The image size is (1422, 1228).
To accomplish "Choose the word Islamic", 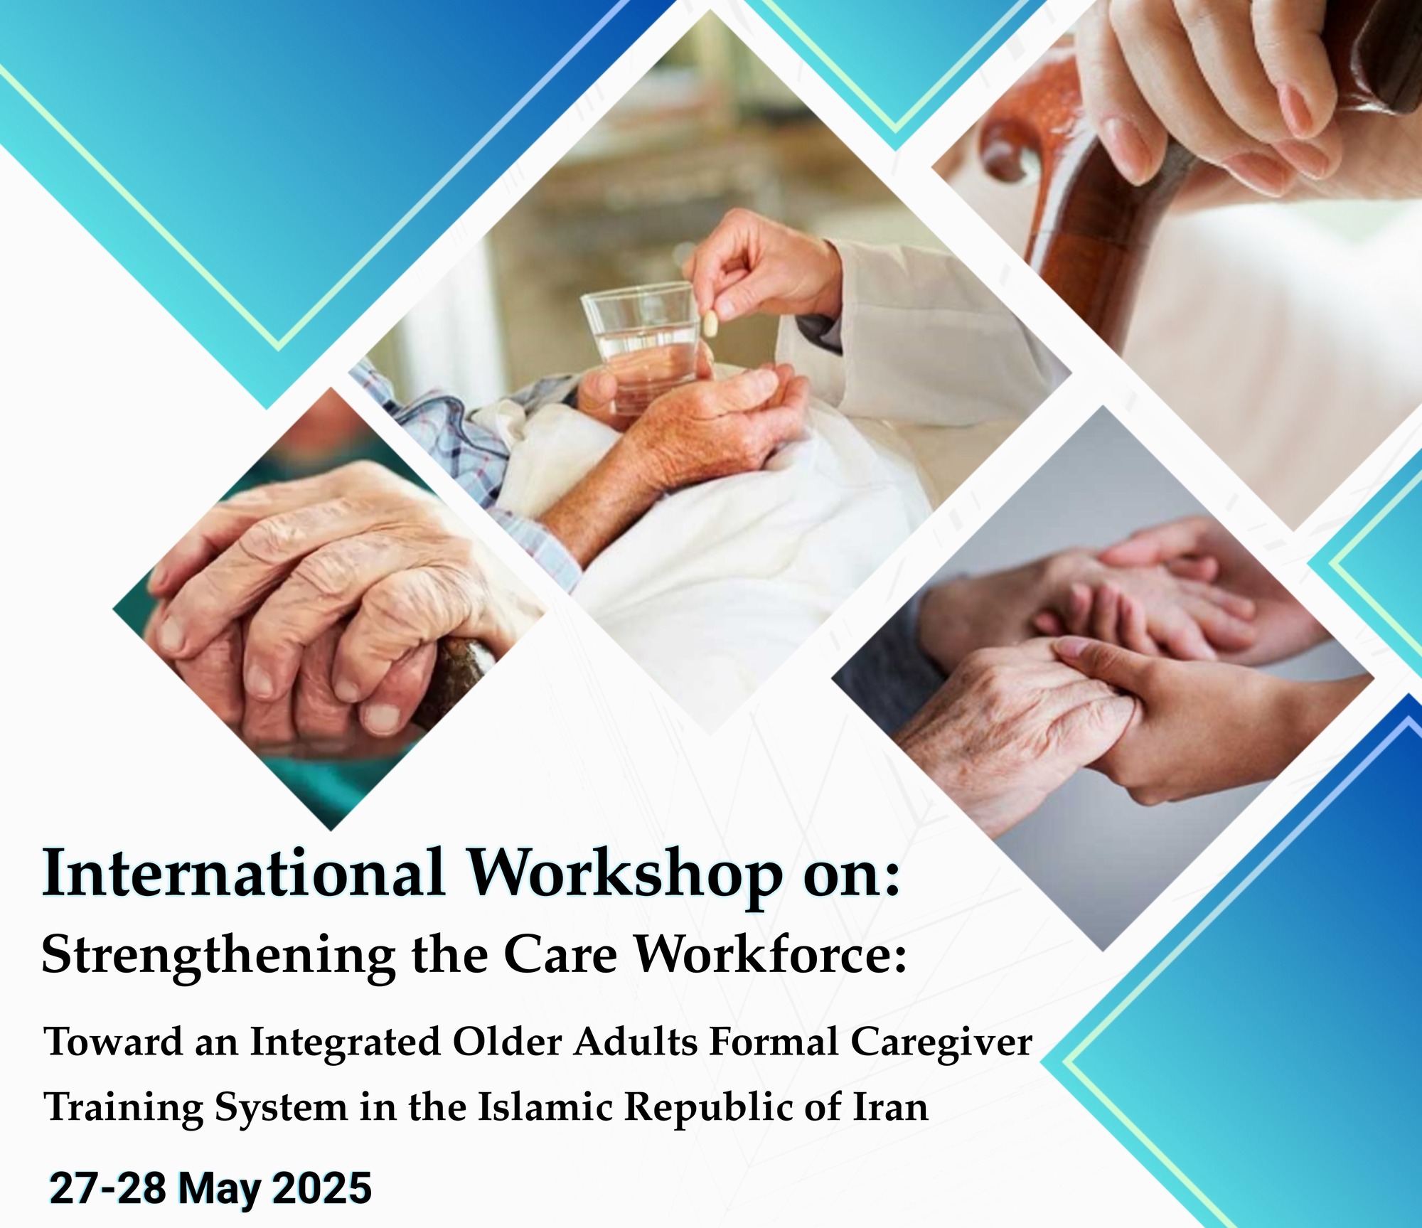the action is click(x=545, y=1108).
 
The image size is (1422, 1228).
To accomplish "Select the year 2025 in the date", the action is click(x=322, y=1187).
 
